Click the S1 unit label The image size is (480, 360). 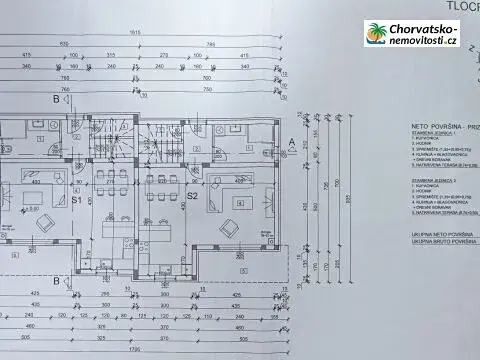click(76, 200)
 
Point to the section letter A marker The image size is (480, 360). click(290, 143)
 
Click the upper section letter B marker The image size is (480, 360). click(56, 99)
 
